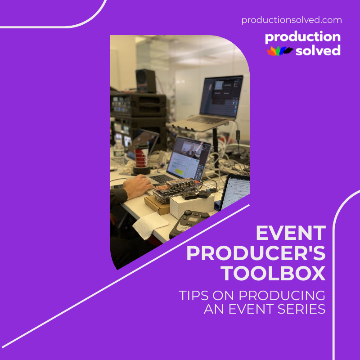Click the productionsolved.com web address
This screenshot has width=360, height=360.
tap(292, 20)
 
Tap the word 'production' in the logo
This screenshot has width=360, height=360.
tap(302, 37)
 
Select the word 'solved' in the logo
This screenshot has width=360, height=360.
tap(318, 50)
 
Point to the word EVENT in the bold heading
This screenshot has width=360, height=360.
tap(291, 234)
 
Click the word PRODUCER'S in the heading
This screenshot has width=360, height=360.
tap(256, 254)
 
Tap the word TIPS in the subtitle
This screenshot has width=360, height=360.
tap(194, 296)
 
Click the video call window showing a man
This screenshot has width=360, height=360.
tap(189, 150)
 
